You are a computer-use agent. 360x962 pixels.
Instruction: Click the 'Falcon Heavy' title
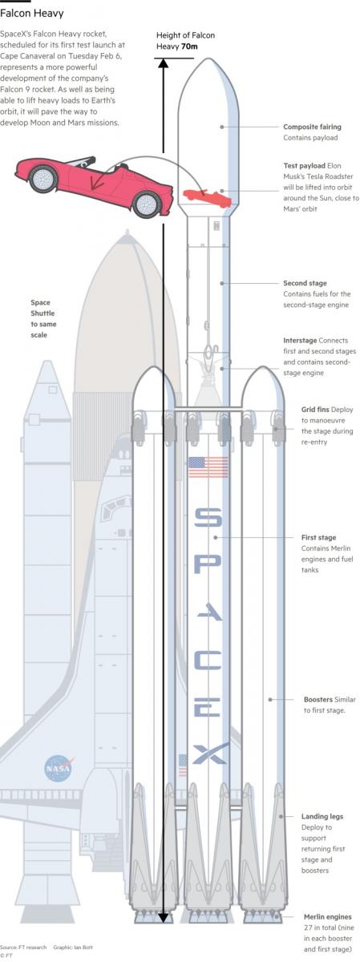(x=32, y=14)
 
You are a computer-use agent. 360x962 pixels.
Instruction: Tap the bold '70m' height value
(x=189, y=46)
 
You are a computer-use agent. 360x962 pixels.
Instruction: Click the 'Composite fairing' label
(x=313, y=127)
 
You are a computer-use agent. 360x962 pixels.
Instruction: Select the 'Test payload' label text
(x=304, y=165)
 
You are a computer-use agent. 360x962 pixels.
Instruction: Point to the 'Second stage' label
(x=305, y=283)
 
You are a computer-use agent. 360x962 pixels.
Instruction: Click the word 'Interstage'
(x=300, y=340)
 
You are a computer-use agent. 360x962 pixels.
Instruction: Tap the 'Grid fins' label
(x=315, y=410)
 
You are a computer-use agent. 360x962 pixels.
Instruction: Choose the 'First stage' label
(x=319, y=537)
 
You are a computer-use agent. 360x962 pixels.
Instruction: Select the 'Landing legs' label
(x=322, y=816)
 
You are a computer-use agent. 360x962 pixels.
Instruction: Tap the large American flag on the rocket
(x=208, y=467)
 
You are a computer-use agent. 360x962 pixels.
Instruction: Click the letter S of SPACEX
(x=208, y=518)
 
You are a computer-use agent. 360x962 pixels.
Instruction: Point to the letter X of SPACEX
(x=209, y=754)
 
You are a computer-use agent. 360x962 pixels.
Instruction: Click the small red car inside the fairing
(x=207, y=197)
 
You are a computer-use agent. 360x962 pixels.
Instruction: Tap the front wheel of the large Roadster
(x=148, y=204)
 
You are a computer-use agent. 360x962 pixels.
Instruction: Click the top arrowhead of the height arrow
(x=163, y=63)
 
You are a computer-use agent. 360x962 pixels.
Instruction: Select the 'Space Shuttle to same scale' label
(x=43, y=319)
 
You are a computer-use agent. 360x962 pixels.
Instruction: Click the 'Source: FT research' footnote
(x=23, y=947)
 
